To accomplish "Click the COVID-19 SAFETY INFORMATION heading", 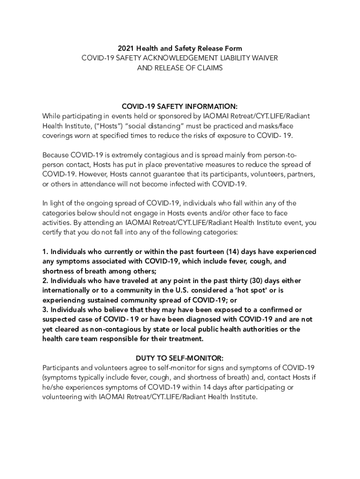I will click(180, 106).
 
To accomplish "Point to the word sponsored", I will click(171, 116).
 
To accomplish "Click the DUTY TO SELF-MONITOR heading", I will click(180, 358).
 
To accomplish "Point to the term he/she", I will click(52, 387).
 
